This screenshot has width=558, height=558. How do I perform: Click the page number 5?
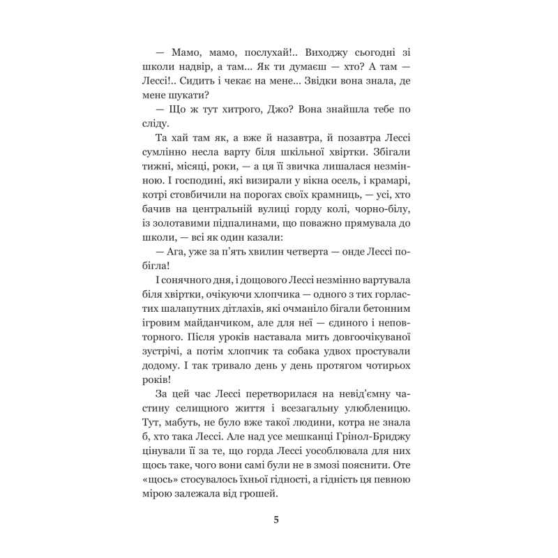coord(278,518)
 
